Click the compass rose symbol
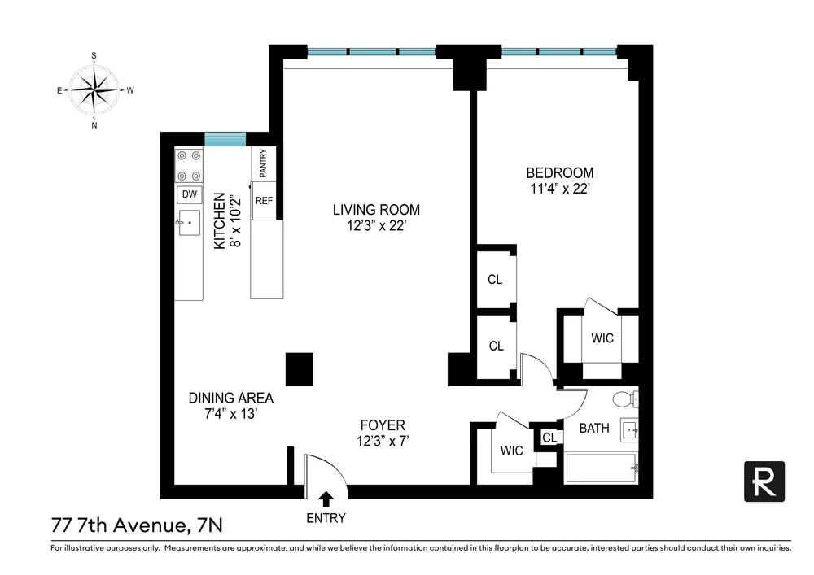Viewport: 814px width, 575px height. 94,90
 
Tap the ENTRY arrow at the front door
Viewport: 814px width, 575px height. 326,499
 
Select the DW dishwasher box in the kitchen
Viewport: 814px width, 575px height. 190,194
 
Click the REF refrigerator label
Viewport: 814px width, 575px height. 264,201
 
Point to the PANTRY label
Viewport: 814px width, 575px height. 263,163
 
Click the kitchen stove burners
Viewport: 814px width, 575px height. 189,165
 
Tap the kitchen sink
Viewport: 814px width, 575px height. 189,222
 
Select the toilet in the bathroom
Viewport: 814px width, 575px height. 625,399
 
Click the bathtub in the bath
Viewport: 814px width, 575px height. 602,468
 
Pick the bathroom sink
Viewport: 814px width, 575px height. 630,429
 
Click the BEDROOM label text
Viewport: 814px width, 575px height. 560,172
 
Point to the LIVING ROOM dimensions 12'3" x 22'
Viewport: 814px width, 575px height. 376,226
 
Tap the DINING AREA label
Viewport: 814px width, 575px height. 231,399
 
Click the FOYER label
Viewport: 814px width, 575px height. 383,425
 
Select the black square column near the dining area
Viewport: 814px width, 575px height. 300,369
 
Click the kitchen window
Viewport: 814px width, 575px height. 225,139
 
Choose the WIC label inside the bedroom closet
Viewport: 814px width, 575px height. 602,338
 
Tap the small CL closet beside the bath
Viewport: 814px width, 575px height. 549,438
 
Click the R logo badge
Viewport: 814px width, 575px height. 764,481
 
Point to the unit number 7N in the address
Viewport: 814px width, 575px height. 210,525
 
